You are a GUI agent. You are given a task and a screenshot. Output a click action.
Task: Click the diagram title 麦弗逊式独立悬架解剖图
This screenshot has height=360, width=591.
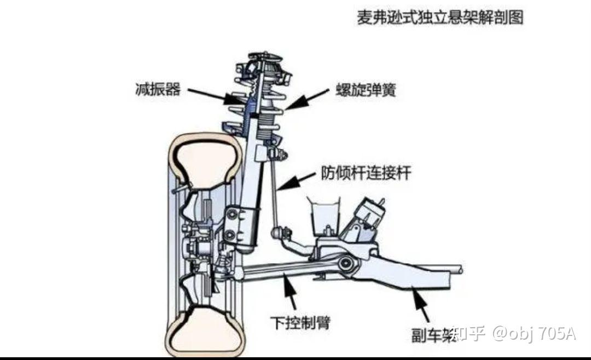click(x=440, y=18)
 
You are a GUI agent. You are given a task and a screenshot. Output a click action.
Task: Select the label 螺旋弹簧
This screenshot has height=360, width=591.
click(x=366, y=90)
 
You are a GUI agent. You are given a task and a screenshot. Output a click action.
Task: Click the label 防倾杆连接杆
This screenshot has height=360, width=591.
click(x=366, y=175)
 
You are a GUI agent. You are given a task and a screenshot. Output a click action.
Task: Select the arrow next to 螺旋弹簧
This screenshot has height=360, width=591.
click(x=306, y=100)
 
